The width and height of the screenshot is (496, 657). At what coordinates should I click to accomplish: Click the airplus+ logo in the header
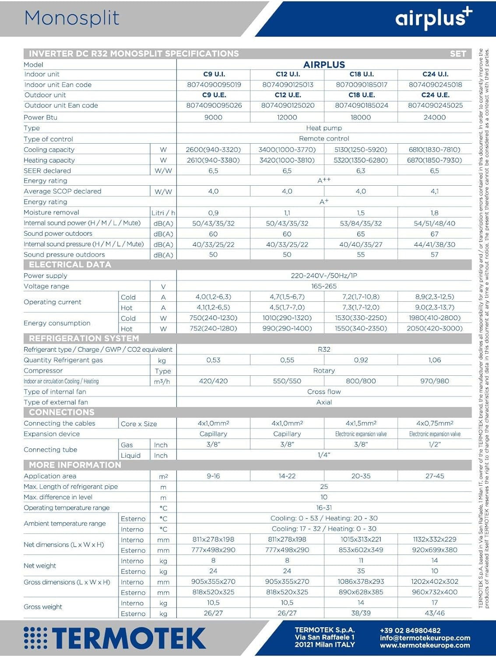click(433, 18)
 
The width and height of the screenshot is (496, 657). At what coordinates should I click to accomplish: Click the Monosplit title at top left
click(72, 18)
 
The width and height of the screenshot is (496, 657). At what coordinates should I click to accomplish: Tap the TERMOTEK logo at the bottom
click(115, 638)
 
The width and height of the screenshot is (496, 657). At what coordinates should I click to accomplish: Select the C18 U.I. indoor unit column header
click(361, 74)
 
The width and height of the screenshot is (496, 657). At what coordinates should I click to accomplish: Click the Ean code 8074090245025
click(435, 105)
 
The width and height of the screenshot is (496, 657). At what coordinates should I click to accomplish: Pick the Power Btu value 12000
click(287, 117)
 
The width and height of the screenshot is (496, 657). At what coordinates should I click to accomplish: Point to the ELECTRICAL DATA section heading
click(70, 265)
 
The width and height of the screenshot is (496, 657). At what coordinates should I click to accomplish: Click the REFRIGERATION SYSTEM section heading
click(84, 339)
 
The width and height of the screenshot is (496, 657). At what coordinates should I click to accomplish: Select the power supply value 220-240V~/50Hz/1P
click(324, 276)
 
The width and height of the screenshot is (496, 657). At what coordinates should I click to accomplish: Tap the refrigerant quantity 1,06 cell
click(434, 360)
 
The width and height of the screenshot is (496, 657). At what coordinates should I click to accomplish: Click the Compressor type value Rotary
click(324, 371)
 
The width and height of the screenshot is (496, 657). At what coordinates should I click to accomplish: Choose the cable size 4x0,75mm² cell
click(434, 423)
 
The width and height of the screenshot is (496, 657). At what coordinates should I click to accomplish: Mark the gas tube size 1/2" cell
click(434, 444)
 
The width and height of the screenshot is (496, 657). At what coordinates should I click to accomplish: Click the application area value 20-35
click(361, 476)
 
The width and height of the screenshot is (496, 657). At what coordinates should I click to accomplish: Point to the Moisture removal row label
click(52, 212)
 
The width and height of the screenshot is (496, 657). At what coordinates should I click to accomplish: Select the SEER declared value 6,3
click(361, 170)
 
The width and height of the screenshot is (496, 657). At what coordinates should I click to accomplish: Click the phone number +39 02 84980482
click(410, 631)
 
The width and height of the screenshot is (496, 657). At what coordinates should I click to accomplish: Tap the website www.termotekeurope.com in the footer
click(425, 645)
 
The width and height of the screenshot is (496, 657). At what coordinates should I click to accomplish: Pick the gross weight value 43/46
click(434, 613)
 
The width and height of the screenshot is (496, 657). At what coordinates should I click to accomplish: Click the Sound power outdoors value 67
click(434, 234)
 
